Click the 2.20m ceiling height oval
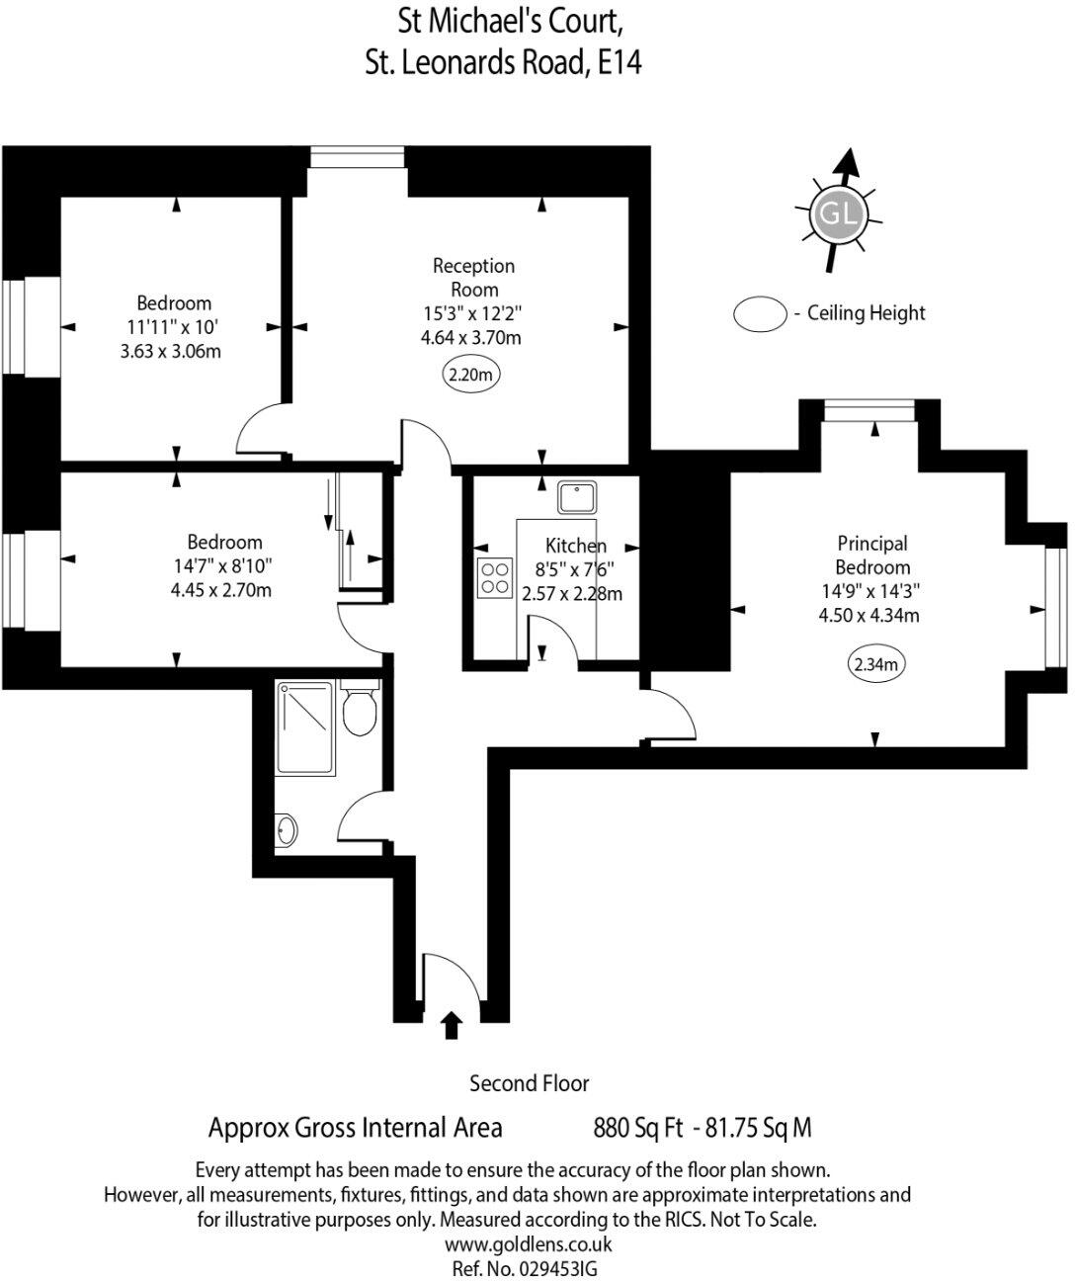pyautogui.click(x=470, y=375)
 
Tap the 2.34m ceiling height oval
pyautogui.click(x=876, y=664)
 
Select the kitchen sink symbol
pyautogui.click(x=577, y=496)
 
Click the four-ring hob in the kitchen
pyautogui.click(x=495, y=579)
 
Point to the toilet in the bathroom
pyautogui.click(x=358, y=710)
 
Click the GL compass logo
pyautogui.click(x=838, y=213)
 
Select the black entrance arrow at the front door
pyautogui.click(x=452, y=1025)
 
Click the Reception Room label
pyautogui.click(x=474, y=278)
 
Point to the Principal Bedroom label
pyautogui.click(x=871, y=555)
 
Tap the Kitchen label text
pyautogui.click(x=576, y=546)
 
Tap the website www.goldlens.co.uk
pyautogui.click(x=529, y=1244)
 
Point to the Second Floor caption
pyautogui.click(x=529, y=1083)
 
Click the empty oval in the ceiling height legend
pyautogui.click(x=760, y=314)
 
